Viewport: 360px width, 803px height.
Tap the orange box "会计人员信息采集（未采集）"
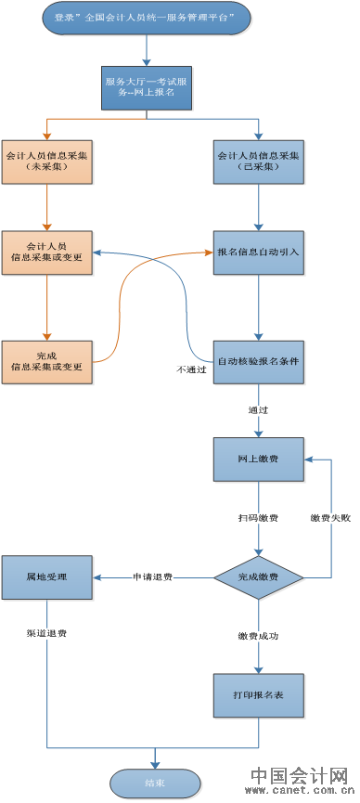[47, 161]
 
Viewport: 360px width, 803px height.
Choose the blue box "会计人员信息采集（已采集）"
[258, 161]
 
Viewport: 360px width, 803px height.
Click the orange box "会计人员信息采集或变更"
[47, 251]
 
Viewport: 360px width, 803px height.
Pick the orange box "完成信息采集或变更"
[47, 361]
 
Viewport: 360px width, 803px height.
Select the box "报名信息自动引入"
[258, 251]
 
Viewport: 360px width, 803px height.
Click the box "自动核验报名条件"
[258, 361]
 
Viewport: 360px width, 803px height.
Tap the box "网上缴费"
[258, 460]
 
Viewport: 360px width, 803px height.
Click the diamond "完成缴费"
[258, 576]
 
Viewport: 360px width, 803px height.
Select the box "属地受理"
[46, 576]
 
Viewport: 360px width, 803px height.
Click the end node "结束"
[154, 783]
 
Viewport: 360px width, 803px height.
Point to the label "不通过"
[191, 369]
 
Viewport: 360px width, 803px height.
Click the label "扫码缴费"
[257, 518]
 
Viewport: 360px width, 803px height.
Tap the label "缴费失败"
[330, 518]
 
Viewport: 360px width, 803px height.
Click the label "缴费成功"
[258, 636]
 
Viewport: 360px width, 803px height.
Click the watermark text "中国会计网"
[299, 776]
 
